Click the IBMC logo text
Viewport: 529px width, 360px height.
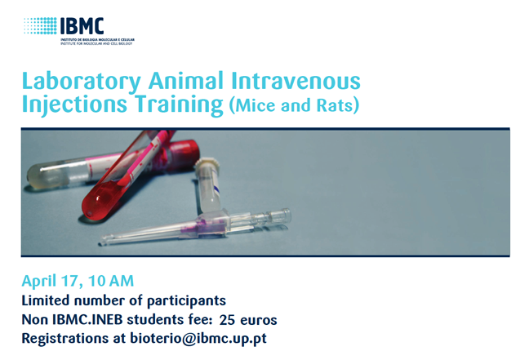[x=82, y=25]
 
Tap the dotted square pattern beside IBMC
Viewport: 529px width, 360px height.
[x=40, y=25]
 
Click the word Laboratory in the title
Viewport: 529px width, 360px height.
[x=81, y=82]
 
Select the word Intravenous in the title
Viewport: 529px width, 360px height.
[x=296, y=81]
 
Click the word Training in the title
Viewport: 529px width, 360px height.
[x=179, y=104]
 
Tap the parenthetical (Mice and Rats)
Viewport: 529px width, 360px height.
[x=294, y=105]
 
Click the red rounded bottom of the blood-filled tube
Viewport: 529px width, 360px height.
[x=93, y=207]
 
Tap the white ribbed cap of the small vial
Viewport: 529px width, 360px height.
[x=208, y=164]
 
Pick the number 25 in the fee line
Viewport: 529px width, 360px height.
[x=227, y=320]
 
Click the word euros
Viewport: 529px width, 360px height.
[x=259, y=320]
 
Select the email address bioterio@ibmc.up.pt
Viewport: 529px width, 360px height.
[x=198, y=339]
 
